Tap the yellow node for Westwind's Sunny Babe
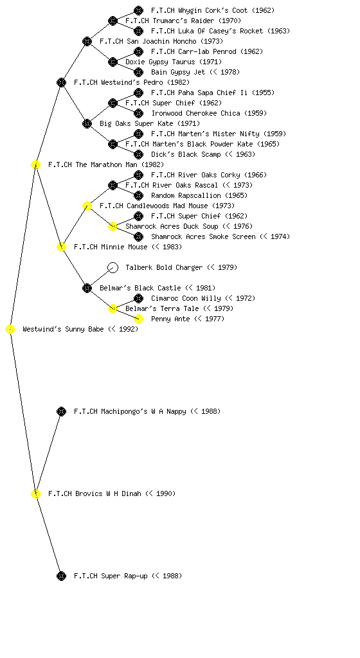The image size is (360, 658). [x=10, y=329]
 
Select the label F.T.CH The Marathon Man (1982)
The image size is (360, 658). [x=105, y=164]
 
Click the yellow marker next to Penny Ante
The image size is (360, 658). [x=138, y=319]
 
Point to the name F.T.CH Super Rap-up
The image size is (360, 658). [x=111, y=576]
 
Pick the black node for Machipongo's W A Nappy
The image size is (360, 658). [x=61, y=411]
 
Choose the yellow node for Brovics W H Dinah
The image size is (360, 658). [x=35, y=493]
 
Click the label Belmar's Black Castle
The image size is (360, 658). [x=140, y=288]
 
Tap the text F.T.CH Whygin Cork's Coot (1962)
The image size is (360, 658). [x=213, y=10]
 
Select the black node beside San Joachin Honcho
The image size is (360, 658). [x=87, y=41]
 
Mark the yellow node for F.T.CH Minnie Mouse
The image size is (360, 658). [x=61, y=247]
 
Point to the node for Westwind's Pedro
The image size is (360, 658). [x=61, y=82]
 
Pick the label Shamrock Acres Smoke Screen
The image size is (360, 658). [x=203, y=236]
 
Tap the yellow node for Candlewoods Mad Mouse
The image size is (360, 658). [x=87, y=206]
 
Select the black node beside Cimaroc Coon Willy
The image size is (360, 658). [x=138, y=298]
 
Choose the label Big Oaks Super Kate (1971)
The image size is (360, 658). [x=150, y=123]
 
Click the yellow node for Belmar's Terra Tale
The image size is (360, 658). [x=113, y=308]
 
